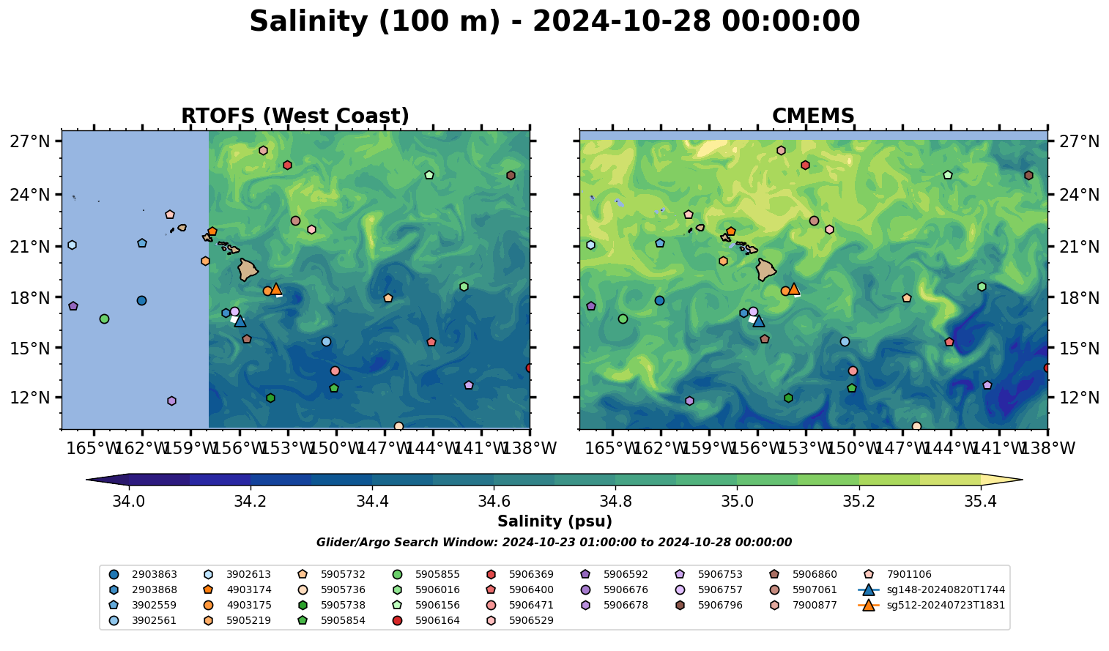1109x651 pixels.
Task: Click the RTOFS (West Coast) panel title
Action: [295, 116]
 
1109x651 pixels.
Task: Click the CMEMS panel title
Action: [813, 116]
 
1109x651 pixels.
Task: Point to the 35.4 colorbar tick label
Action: [980, 502]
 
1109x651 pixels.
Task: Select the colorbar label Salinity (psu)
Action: [554, 521]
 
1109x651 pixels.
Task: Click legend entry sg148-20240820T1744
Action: [946, 590]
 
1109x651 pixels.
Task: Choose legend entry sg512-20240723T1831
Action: [946, 606]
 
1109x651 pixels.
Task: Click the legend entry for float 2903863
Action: [154, 575]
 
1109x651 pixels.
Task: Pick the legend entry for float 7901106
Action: [909, 575]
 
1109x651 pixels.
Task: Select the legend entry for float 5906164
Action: [437, 621]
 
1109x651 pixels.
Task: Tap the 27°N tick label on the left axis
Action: [30, 141]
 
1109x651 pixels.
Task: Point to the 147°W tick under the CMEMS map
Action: [902, 448]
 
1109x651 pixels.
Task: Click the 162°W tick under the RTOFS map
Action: [142, 448]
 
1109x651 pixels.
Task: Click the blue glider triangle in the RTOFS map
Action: [240, 321]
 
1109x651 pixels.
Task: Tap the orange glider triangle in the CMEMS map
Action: [793, 289]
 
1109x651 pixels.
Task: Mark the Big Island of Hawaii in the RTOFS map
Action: [248, 269]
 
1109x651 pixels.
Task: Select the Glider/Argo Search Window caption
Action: [554, 543]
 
